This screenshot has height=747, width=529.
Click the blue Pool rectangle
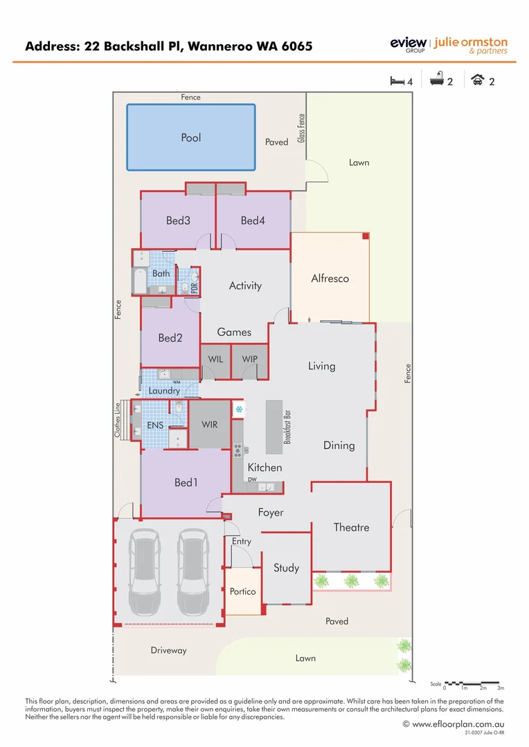tap(191, 137)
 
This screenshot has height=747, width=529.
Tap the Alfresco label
tap(330, 279)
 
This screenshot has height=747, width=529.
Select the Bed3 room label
tap(178, 221)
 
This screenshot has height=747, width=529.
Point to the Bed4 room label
tap(253, 221)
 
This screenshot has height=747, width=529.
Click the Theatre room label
tap(351, 527)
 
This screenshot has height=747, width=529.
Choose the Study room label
tap(286, 568)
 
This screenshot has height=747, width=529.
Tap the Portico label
tap(243, 591)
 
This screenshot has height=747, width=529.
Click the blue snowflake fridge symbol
tap(239, 409)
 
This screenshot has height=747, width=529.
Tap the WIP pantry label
tap(250, 359)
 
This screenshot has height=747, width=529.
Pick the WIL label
tap(216, 359)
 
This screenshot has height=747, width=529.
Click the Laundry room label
tap(164, 391)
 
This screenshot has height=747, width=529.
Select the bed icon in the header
tap(397, 81)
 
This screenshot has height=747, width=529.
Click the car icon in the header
tap(478, 80)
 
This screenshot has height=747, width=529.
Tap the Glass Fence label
tap(301, 129)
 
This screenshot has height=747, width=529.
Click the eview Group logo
tap(409, 46)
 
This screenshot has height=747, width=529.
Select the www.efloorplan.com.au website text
tap(453, 724)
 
